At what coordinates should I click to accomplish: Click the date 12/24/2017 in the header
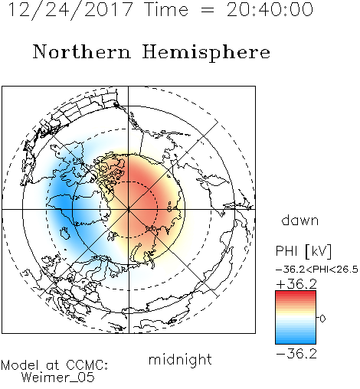[70, 10]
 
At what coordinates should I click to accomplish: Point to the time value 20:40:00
[270, 10]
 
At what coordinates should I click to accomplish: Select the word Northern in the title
[82, 52]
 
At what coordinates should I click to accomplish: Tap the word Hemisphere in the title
[206, 53]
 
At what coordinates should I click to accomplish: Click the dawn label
[300, 220]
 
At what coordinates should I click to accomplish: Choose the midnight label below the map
[180, 359]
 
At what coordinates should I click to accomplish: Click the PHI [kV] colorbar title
[303, 251]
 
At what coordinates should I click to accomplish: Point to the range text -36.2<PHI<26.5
[317, 270]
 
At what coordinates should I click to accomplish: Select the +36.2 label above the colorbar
[296, 284]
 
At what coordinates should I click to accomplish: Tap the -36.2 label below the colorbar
[296, 354]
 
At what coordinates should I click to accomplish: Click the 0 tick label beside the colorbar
[322, 319]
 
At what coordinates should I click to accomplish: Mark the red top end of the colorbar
[296, 293]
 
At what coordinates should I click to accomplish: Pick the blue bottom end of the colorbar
[296, 342]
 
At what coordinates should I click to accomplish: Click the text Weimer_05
[58, 378]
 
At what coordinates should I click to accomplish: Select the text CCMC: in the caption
[87, 365]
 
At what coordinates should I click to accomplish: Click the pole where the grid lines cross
[128, 209]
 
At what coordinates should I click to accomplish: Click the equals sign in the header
[208, 10]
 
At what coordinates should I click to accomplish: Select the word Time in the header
[166, 10]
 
